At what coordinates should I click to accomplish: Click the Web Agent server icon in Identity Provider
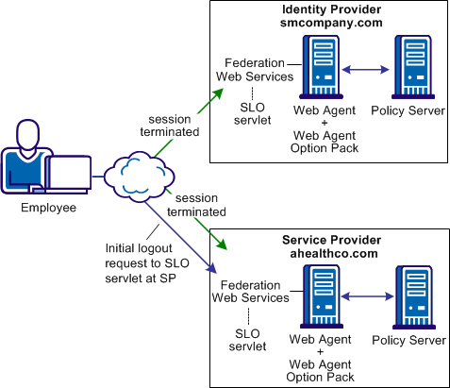(321, 72)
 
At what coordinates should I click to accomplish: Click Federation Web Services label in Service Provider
(253, 291)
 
